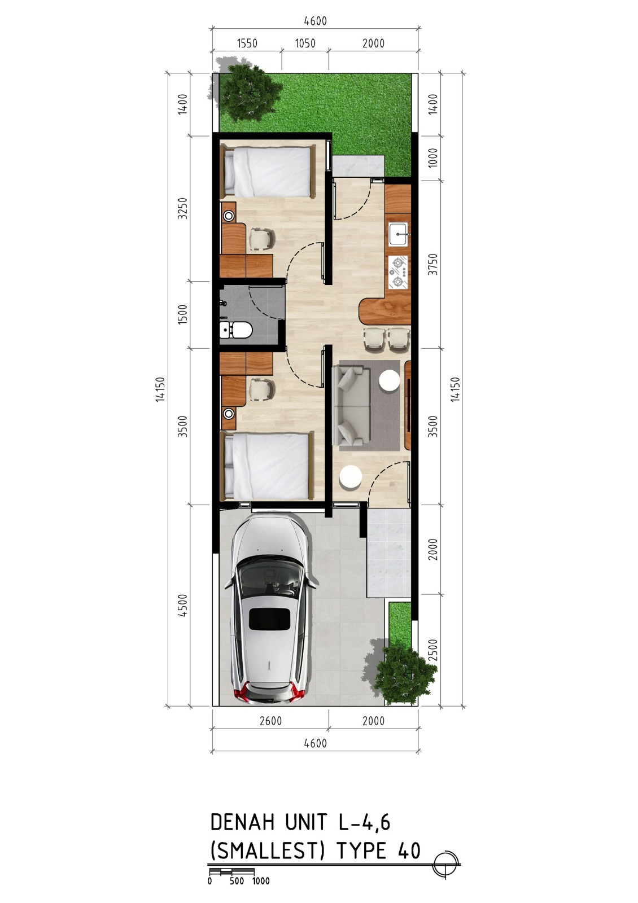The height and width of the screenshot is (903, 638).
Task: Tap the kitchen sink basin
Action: click(398, 234)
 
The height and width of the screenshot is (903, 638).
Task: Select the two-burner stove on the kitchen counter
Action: click(398, 272)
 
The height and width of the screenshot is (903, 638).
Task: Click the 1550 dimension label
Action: click(247, 43)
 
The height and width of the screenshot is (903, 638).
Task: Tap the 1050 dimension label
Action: click(305, 43)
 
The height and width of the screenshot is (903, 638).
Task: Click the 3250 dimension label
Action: click(183, 208)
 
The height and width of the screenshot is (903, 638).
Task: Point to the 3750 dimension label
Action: click(432, 264)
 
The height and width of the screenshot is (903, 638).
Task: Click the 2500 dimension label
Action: click(432, 650)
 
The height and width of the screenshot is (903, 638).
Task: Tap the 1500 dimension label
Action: click(183, 314)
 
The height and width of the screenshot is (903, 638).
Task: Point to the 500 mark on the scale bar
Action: click(237, 888)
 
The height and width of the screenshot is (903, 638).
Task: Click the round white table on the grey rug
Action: click(390, 380)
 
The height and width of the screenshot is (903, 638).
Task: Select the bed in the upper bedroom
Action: click(268, 172)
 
